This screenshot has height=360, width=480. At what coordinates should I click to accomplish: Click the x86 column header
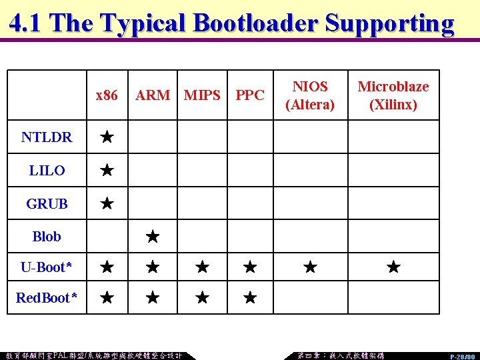(x=107, y=95)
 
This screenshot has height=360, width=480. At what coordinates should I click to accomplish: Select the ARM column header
(x=153, y=95)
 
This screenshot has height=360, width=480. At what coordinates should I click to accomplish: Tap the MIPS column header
(x=202, y=95)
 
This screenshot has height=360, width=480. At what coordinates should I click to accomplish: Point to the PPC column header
(x=250, y=95)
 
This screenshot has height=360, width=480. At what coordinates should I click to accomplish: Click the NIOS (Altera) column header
(x=310, y=95)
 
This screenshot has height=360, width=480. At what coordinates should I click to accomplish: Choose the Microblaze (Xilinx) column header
(x=393, y=95)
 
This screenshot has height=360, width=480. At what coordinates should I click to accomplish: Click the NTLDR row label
(x=47, y=137)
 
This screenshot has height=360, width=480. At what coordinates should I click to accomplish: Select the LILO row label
(x=47, y=171)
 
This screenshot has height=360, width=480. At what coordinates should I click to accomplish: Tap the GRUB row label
(x=47, y=204)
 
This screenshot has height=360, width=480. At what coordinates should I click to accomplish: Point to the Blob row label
(x=47, y=236)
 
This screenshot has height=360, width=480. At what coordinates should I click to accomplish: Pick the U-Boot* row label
(x=47, y=267)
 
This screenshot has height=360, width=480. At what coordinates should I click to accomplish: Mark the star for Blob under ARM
(x=153, y=236)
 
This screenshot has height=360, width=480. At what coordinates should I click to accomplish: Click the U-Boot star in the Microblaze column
(x=393, y=267)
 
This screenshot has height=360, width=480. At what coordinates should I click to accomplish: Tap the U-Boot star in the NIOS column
(x=310, y=267)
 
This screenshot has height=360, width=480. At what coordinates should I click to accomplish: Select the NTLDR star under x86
(x=107, y=137)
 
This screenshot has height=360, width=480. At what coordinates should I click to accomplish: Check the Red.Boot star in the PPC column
(x=250, y=297)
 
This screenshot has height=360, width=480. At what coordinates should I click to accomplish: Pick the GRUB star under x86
(x=107, y=203)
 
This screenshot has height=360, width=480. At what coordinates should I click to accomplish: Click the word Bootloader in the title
(x=255, y=23)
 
